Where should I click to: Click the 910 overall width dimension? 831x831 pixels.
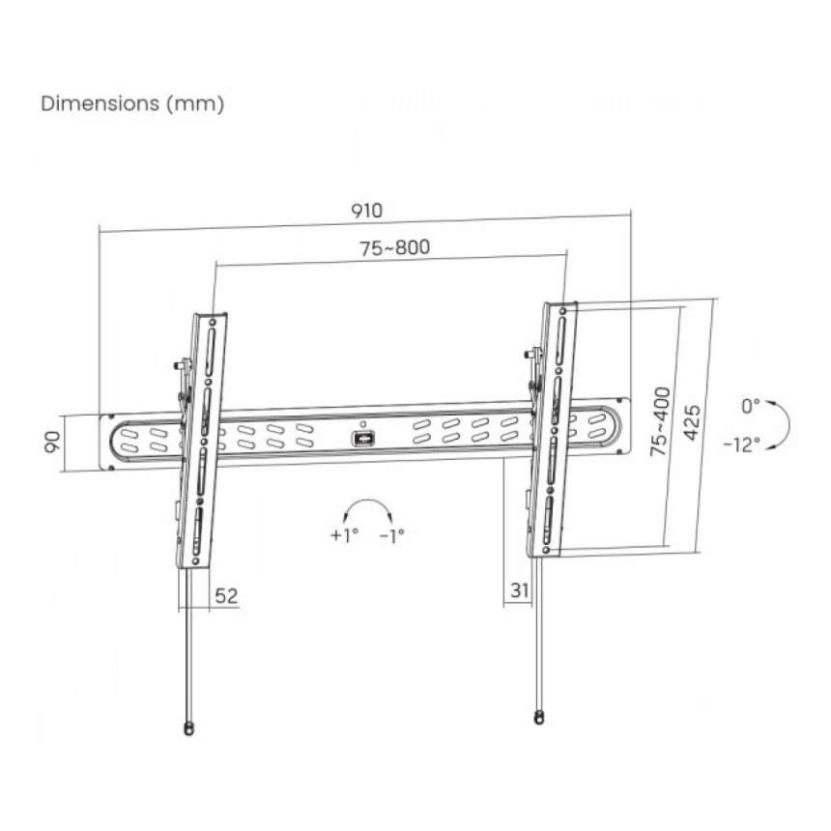click(x=366, y=211)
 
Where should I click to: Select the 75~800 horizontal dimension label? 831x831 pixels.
click(x=395, y=247)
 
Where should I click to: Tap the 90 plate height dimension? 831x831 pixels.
click(x=52, y=442)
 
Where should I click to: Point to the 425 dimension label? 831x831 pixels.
click(x=692, y=422)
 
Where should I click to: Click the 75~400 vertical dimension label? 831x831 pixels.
click(x=660, y=421)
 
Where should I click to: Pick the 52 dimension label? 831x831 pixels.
click(x=226, y=595)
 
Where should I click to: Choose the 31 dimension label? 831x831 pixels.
click(x=520, y=589)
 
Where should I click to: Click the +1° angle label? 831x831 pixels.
click(x=344, y=534)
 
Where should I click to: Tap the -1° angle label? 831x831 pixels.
click(x=392, y=534)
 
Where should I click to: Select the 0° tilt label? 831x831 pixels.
click(x=750, y=407)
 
